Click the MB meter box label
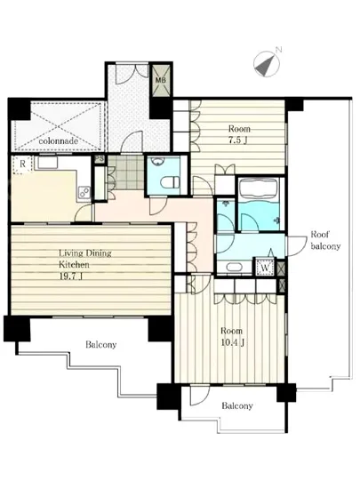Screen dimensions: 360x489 click(161, 80)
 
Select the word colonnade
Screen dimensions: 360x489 click(59, 141)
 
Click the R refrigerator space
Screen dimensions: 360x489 click(22, 164)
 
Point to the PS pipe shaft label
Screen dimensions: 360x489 click(100, 159)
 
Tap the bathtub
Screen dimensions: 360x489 click(259, 188)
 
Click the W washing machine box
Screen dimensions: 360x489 click(265, 268)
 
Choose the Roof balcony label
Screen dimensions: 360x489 click(325, 240)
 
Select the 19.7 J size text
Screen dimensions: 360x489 click(71, 276)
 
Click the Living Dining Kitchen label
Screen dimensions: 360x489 click(85, 259)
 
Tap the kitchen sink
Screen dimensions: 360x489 click(47, 163)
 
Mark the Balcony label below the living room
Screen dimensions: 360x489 click(101, 345)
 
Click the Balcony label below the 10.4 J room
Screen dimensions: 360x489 click(237, 405)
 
